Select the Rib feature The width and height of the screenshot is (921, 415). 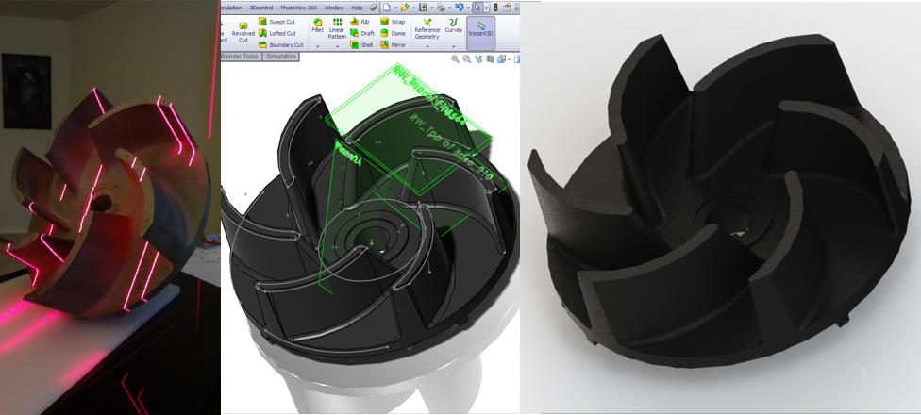click(359, 21)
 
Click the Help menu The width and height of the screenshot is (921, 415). click(357, 7)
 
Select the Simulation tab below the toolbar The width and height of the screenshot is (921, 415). click(280, 57)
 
